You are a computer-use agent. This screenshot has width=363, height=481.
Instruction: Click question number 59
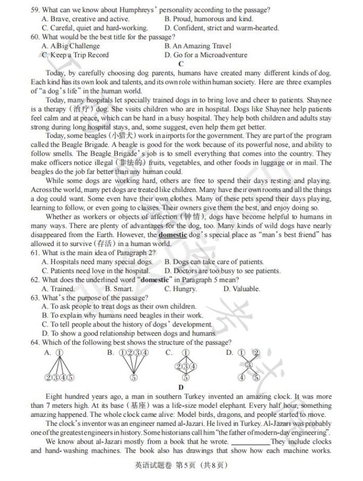tap(35, 10)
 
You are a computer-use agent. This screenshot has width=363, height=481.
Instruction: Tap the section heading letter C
tap(181, 64)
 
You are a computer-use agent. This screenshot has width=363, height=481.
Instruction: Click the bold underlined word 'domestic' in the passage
tap(173, 235)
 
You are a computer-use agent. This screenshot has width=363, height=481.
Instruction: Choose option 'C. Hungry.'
tap(180, 289)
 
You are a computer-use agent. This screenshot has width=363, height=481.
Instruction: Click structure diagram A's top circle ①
tap(60, 353)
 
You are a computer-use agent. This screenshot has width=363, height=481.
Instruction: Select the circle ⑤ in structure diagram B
tap(133, 377)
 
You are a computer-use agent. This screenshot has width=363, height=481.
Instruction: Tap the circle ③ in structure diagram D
tap(248, 365)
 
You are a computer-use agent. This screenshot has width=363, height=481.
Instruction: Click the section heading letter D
tap(181, 388)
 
